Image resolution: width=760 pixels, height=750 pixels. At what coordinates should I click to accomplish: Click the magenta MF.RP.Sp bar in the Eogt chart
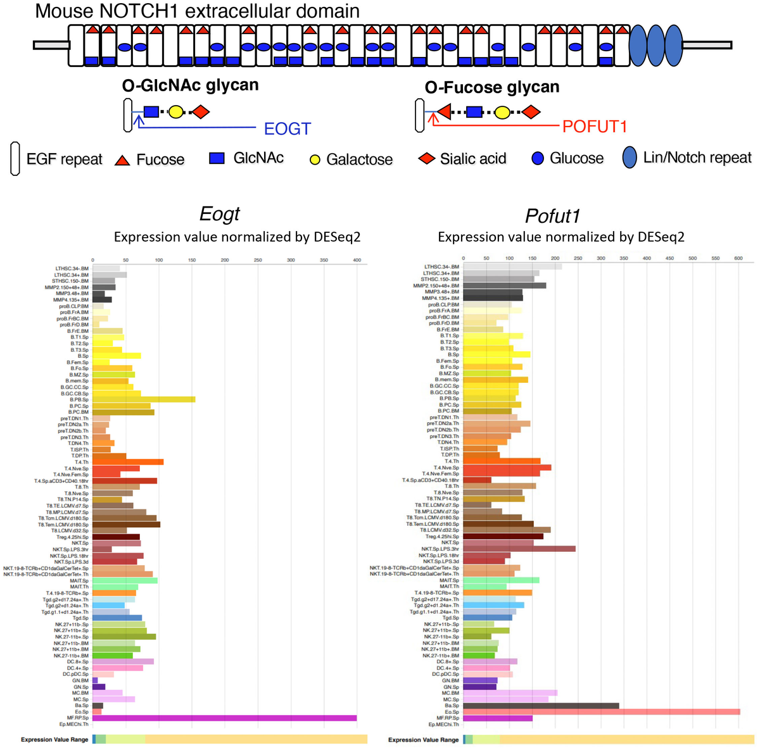(224, 718)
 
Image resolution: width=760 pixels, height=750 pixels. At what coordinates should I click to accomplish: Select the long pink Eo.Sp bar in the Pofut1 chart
(601, 712)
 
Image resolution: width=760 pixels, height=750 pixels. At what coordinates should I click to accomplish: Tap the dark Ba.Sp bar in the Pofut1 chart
(541, 706)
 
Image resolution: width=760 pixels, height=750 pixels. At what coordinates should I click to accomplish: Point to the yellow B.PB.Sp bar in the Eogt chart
(144, 399)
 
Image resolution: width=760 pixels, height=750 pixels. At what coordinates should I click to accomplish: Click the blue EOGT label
(287, 129)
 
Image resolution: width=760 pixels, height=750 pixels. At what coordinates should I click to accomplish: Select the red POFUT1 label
(594, 127)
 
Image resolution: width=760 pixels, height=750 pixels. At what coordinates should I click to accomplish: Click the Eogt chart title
(220, 214)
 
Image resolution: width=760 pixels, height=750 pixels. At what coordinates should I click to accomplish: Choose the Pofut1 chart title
(552, 216)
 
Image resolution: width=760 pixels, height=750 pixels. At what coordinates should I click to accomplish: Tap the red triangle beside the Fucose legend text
(122, 160)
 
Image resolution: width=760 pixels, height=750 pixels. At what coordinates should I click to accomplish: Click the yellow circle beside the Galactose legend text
(315, 160)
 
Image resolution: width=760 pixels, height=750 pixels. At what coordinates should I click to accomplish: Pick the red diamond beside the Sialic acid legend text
(427, 158)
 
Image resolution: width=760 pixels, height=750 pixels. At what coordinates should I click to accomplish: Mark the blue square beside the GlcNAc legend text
(217, 158)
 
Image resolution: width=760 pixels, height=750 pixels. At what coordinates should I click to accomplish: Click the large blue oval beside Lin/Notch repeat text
(629, 158)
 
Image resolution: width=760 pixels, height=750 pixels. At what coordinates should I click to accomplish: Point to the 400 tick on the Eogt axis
(357, 260)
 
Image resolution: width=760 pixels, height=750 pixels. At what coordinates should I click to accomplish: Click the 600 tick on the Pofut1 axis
(738, 258)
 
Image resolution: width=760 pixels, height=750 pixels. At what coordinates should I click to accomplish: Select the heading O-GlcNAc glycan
(190, 85)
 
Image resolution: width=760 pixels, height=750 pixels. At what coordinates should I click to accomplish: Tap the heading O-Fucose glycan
(492, 87)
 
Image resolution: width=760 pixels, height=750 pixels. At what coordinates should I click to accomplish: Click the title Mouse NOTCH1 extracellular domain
(197, 11)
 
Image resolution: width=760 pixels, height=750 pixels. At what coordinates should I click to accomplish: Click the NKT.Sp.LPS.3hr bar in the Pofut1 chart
(519, 549)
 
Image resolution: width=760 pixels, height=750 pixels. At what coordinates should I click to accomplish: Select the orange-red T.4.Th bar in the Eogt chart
(128, 462)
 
